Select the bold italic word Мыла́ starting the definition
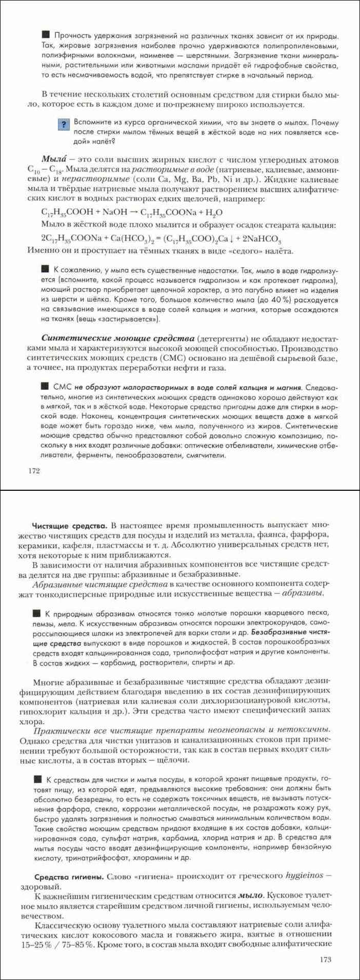[x=53, y=158]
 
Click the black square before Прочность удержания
[x=45, y=35]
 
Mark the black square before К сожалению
[x=45, y=269]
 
